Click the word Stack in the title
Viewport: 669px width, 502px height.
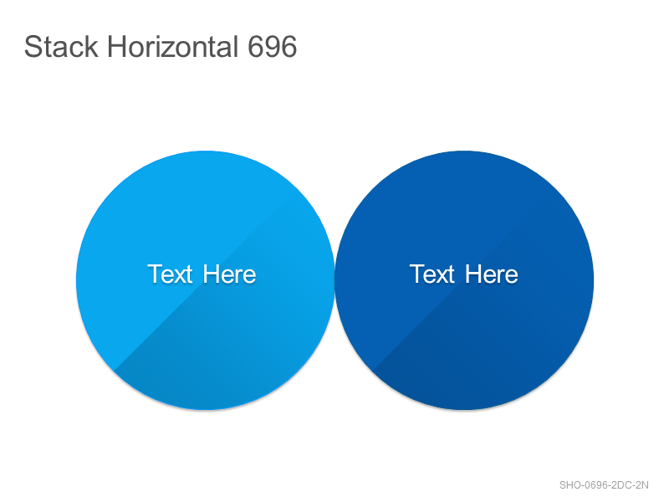coord(61,46)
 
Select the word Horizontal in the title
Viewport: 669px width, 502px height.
coord(172,46)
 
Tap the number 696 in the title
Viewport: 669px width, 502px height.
coord(273,46)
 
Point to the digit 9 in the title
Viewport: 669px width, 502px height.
coord(273,46)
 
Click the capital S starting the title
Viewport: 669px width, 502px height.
coord(32,46)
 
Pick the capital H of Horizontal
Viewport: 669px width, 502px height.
coord(115,46)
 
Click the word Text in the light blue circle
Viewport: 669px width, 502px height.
coord(170,274)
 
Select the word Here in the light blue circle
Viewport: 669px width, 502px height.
coord(229,274)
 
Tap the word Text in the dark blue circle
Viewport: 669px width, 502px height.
coord(432,274)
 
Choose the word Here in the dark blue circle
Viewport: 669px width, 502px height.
coord(492,274)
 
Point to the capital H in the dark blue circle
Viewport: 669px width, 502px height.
coord(472,274)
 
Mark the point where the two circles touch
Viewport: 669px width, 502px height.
coord(335,280)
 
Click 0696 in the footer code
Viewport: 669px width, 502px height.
coord(595,485)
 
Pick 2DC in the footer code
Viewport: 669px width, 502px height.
coord(620,485)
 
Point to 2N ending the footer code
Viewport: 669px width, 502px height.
coord(641,485)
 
